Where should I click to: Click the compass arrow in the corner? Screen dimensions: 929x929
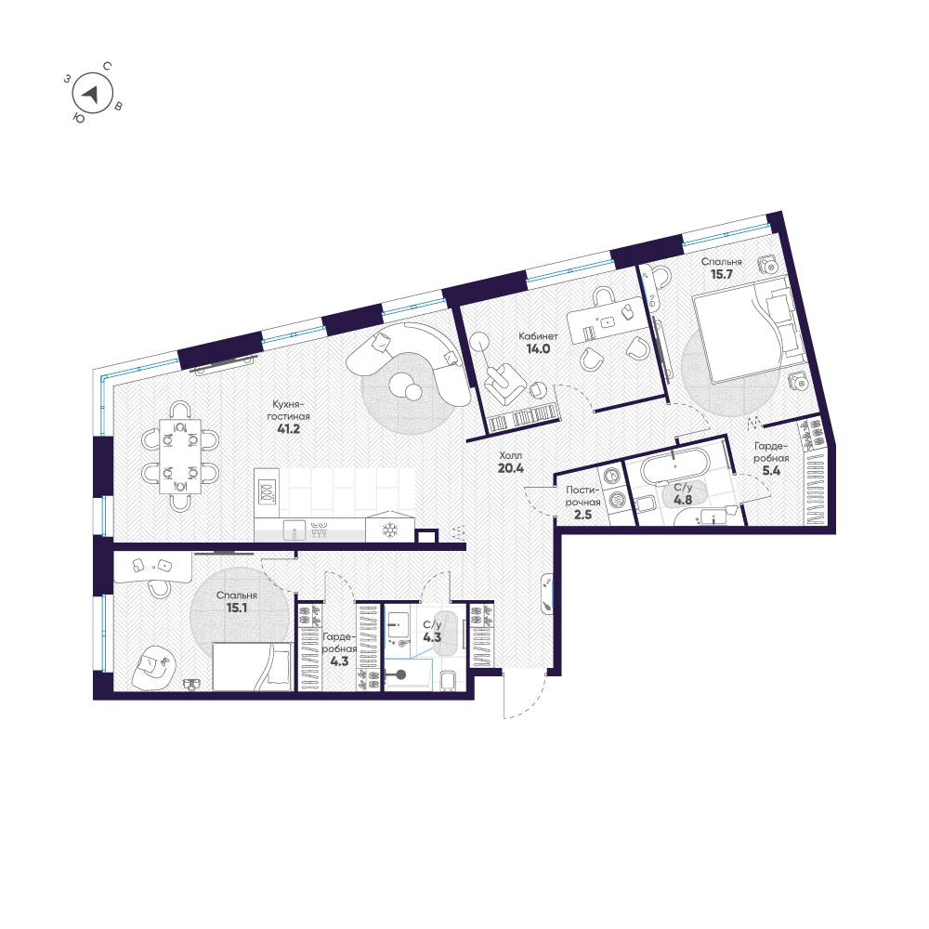tap(91, 93)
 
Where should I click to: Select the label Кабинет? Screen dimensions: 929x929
tap(538, 336)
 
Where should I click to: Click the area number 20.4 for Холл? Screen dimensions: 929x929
tap(510, 468)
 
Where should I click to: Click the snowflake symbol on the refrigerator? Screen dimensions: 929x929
tap(391, 530)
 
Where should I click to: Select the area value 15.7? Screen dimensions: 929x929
tap(721, 276)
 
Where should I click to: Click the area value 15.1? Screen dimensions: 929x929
tap(236, 609)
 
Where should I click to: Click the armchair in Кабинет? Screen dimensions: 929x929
tap(502, 382)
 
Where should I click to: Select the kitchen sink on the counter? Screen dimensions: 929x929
tap(295, 532)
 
